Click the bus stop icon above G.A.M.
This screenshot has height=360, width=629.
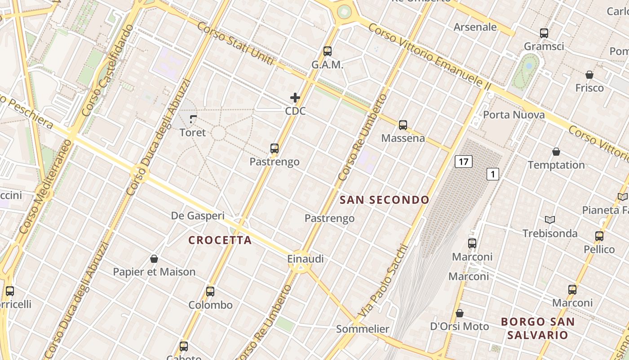coord(327,51)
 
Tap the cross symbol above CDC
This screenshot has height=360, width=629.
coord(295,98)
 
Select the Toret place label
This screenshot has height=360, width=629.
coord(193,132)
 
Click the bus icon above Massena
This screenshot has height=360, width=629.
coord(403,125)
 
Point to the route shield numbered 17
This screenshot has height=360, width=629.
coord(463,162)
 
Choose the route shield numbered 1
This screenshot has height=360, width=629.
coord(493,174)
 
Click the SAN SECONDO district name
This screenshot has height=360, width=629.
coord(384,200)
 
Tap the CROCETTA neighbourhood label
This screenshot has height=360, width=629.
coord(220,240)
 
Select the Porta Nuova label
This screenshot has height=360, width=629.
coord(514,115)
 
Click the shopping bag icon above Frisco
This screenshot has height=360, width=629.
coord(589,75)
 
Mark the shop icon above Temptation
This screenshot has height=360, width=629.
coord(556,152)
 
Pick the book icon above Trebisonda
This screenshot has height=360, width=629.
coord(549,220)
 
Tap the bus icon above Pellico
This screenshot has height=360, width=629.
coord(599,236)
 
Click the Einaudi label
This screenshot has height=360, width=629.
coord(306,259)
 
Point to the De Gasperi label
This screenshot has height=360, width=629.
coord(198,216)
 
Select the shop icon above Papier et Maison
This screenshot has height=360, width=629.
coord(154,259)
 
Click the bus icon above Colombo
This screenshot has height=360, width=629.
coord(210,292)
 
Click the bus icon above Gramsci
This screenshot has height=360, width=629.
coord(544,33)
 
